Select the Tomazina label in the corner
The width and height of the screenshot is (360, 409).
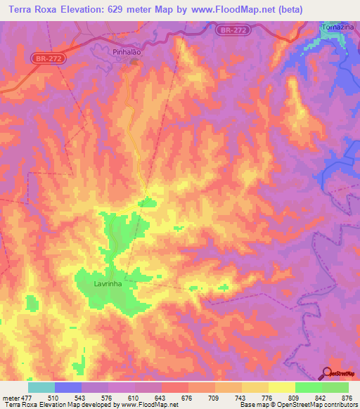335,26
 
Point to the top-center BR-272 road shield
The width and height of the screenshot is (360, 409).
232,30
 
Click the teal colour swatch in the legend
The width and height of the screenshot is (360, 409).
41,387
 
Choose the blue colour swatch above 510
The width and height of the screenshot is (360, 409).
68,387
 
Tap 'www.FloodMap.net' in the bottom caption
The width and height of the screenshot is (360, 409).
149,405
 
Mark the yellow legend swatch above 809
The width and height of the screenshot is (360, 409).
281,387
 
